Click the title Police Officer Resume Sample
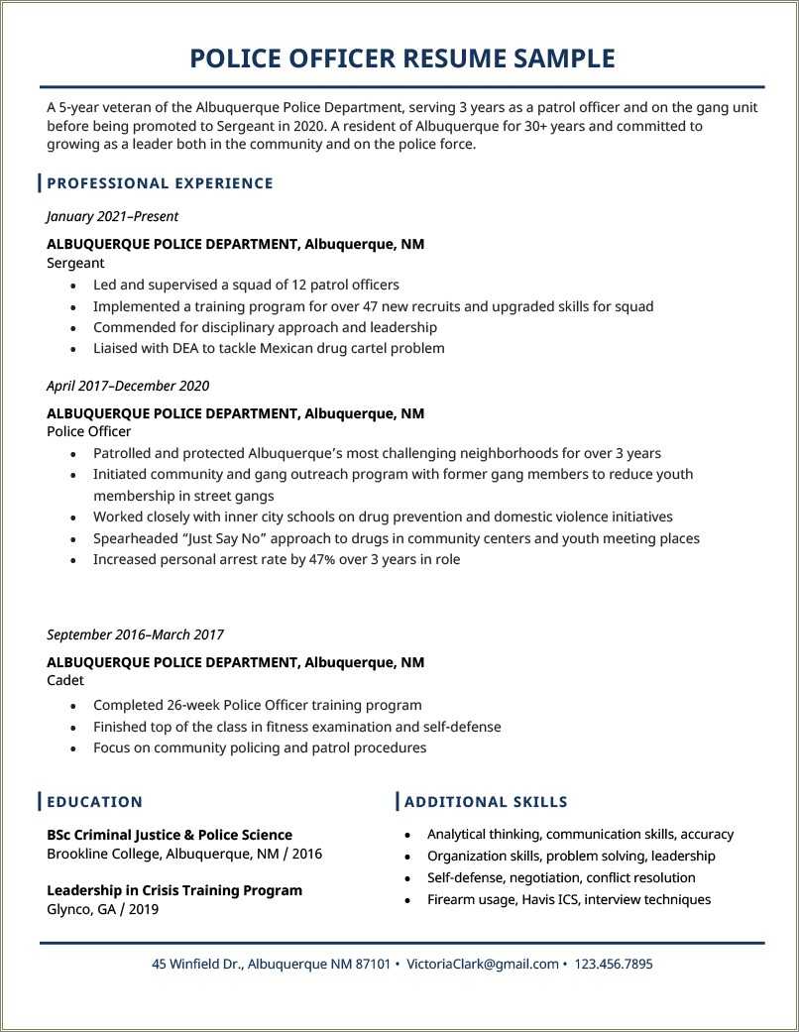click(401, 58)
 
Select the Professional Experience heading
click(160, 183)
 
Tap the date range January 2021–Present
click(112, 216)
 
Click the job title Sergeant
click(75, 264)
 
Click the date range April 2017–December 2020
click(128, 386)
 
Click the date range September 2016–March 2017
click(135, 634)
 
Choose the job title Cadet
click(65, 681)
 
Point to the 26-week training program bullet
click(257, 705)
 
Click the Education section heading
click(94, 802)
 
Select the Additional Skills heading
click(486, 802)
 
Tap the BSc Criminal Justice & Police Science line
click(170, 835)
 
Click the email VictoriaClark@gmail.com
click(483, 964)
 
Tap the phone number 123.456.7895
click(614, 964)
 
